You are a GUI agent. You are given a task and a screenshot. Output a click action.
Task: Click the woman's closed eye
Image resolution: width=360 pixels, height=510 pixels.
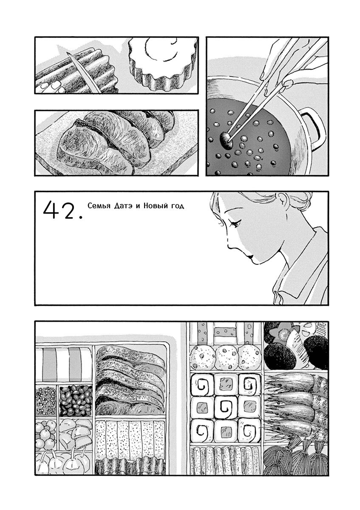(x=235, y=224)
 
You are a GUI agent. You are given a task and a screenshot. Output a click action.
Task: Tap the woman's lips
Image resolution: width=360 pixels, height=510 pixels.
(x=250, y=257)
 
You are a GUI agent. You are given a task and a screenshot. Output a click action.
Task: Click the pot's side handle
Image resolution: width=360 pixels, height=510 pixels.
(x=314, y=127)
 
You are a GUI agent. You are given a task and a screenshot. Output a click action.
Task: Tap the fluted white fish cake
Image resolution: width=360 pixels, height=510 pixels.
(x=160, y=63)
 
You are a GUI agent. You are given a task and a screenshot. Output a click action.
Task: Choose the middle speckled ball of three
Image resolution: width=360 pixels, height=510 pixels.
(x=225, y=360)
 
